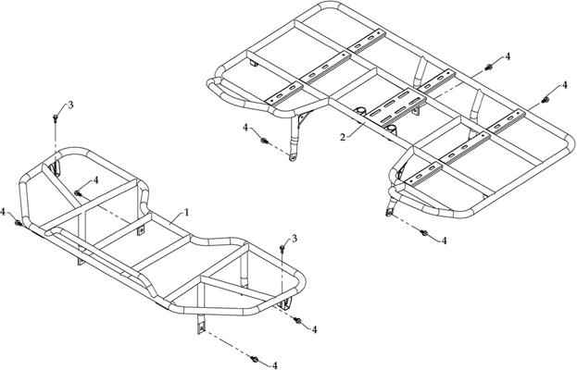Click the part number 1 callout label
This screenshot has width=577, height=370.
pos(186,213)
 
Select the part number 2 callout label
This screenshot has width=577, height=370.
pos(343,138)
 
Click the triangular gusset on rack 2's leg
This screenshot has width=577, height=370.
pos(303,117)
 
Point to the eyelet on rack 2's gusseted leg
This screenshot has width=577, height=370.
pos(293,158)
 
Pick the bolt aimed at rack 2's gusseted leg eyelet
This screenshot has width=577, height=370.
pos(264,141)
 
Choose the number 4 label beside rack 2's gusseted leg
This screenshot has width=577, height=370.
pos(245,128)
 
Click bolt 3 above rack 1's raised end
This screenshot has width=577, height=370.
pos(56,117)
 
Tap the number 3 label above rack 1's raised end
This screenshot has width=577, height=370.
pos(70,105)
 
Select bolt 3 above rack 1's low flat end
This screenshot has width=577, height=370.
pos(282,249)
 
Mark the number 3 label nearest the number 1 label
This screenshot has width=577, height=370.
pos(294,239)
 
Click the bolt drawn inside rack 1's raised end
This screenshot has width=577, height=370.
pos(77,193)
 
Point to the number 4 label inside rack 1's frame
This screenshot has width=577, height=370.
pos(96,180)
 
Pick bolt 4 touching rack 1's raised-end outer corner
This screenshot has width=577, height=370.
pos(18,223)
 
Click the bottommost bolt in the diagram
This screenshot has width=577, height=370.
pos(254,358)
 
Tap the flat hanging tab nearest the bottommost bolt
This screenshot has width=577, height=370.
pos(201,325)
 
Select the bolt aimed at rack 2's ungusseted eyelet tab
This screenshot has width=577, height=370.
pos(423,232)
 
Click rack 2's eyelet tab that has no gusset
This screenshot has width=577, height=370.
pos(389,209)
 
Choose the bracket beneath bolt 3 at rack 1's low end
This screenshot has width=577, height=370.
pos(285,304)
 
